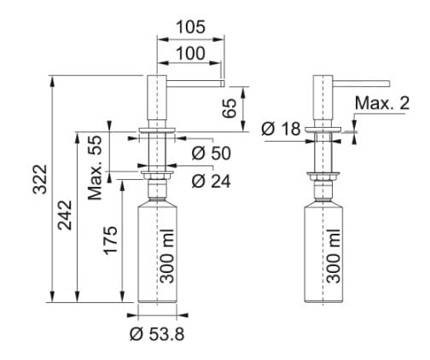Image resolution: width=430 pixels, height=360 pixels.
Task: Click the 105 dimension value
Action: pos(190,27)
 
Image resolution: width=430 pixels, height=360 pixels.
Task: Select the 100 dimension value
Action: pos(190,54)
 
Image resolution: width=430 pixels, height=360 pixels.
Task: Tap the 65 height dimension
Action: pos(229,107)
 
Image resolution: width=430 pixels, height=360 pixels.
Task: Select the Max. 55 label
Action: pos(96,166)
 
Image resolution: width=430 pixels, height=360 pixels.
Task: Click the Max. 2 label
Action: pos(381,104)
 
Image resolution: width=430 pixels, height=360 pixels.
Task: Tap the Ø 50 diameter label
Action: pos(211,154)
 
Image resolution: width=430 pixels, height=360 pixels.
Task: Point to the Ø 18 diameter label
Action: pos(280,129)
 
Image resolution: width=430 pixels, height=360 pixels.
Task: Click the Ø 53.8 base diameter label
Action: pos(156,334)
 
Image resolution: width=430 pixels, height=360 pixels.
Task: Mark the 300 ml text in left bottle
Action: pos(166,257)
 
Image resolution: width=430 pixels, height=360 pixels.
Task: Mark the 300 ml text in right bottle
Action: pos(333,257)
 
